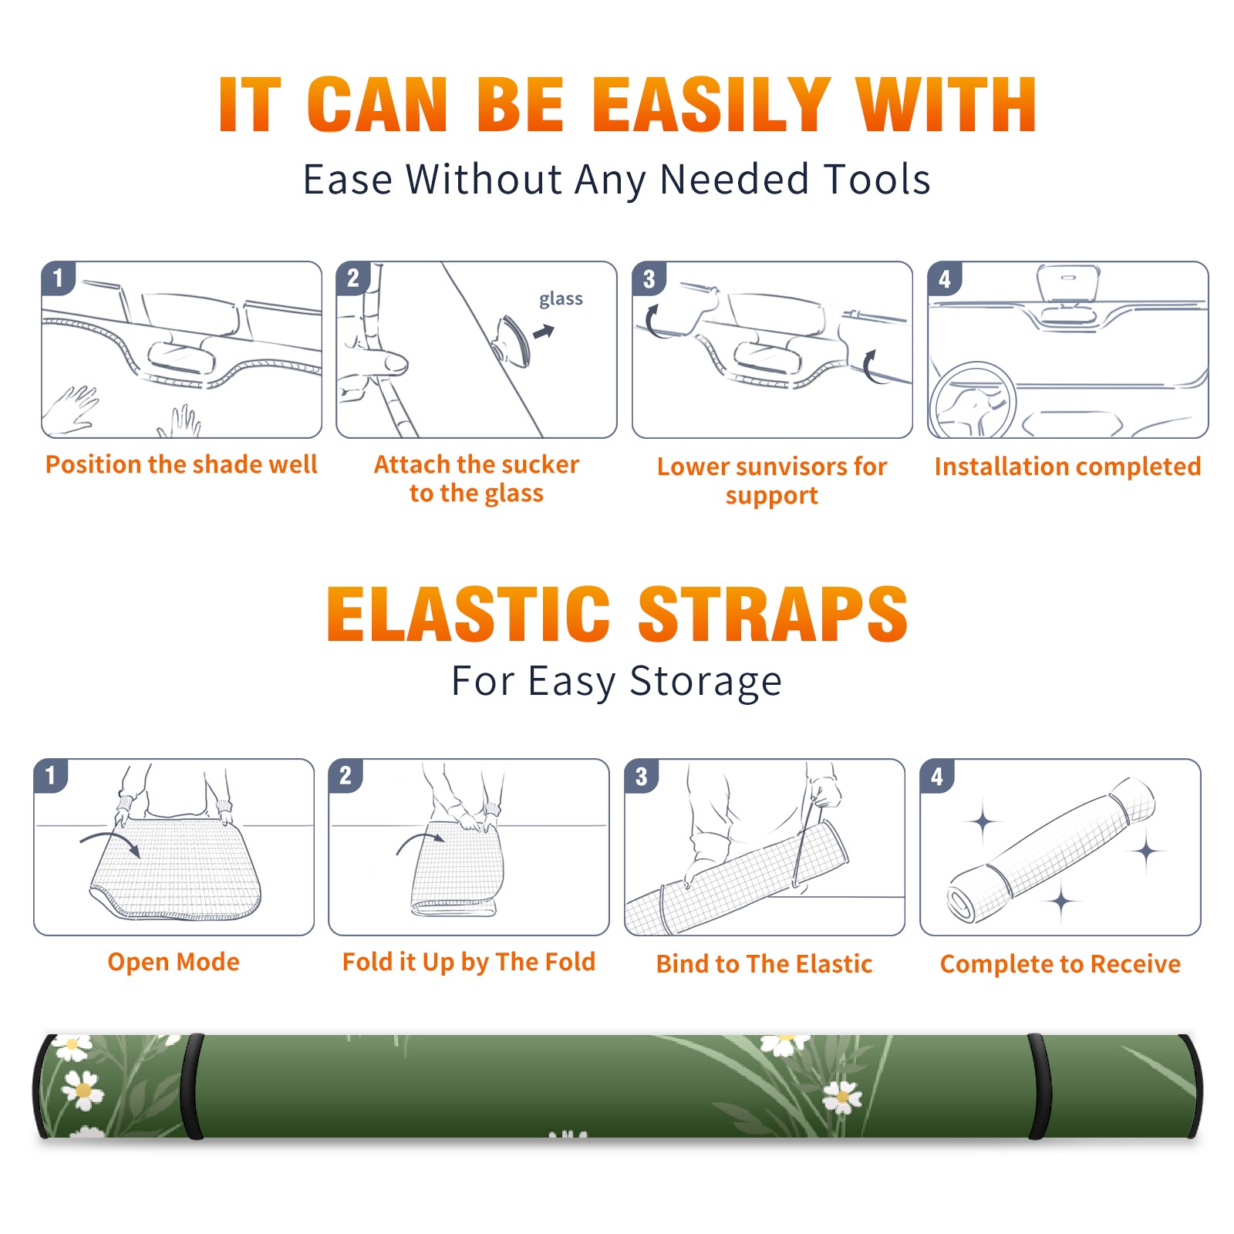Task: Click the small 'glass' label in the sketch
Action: tap(561, 299)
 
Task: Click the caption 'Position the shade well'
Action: tap(181, 464)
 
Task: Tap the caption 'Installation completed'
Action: tap(1067, 467)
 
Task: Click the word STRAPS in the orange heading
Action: tap(773, 615)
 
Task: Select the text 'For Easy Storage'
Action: tap(617, 682)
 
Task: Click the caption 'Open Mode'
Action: tap(174, 962)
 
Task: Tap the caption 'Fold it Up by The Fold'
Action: tap(469, 962)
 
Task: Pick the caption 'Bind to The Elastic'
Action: tap(764, 964)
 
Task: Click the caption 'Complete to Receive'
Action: tap(1060, 964)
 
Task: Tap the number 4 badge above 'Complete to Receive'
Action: tap(937, 776)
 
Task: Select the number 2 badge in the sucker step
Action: tap(353, 278)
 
